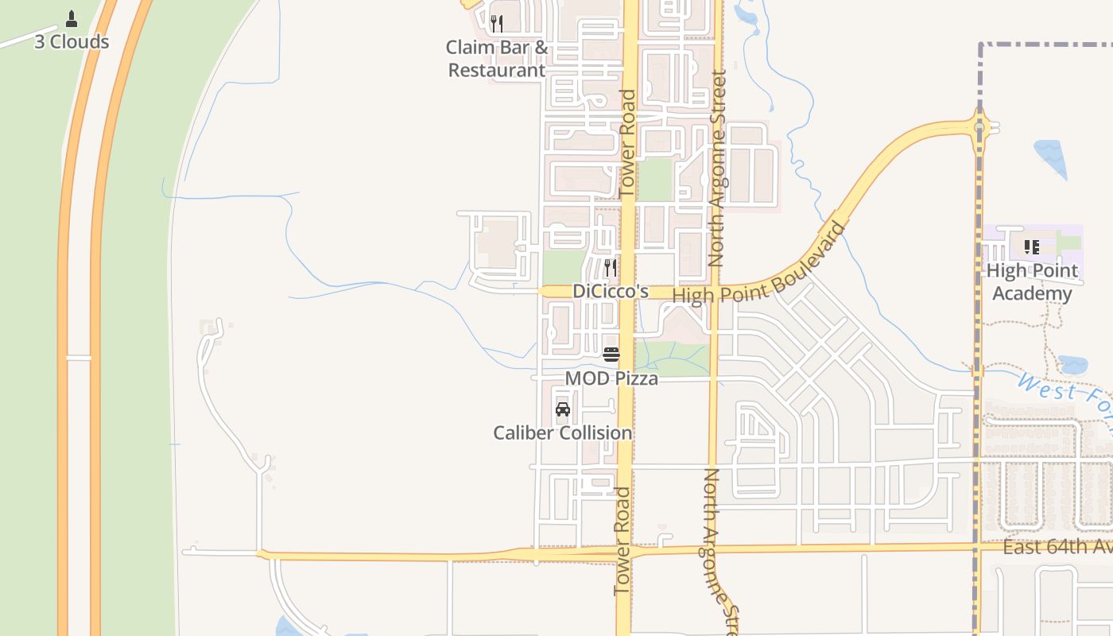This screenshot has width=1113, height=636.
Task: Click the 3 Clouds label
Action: point(72,42)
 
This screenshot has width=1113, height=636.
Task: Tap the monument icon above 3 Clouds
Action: point(72,18)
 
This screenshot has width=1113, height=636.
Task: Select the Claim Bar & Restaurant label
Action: point(497,59)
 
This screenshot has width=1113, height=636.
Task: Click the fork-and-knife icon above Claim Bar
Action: point(497,23)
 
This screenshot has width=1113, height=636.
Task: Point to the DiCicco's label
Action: point(611,292)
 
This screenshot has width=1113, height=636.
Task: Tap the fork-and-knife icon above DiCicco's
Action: point(611,267)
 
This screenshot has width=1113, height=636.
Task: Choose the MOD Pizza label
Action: point(611,378)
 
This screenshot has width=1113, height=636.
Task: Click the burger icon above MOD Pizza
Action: point(611,355)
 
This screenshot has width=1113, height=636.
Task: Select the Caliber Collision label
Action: point(563,433)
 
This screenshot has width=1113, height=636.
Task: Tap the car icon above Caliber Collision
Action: point(563,409)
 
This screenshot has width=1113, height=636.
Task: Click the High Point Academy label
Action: point(1032,282)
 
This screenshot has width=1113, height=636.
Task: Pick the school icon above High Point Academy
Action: point(1032,247)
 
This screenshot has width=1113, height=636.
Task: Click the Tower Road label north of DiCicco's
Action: point(627,143)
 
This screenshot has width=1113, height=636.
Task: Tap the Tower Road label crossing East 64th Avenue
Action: point(622,541)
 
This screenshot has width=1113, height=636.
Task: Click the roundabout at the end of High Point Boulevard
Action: point(980,126)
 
